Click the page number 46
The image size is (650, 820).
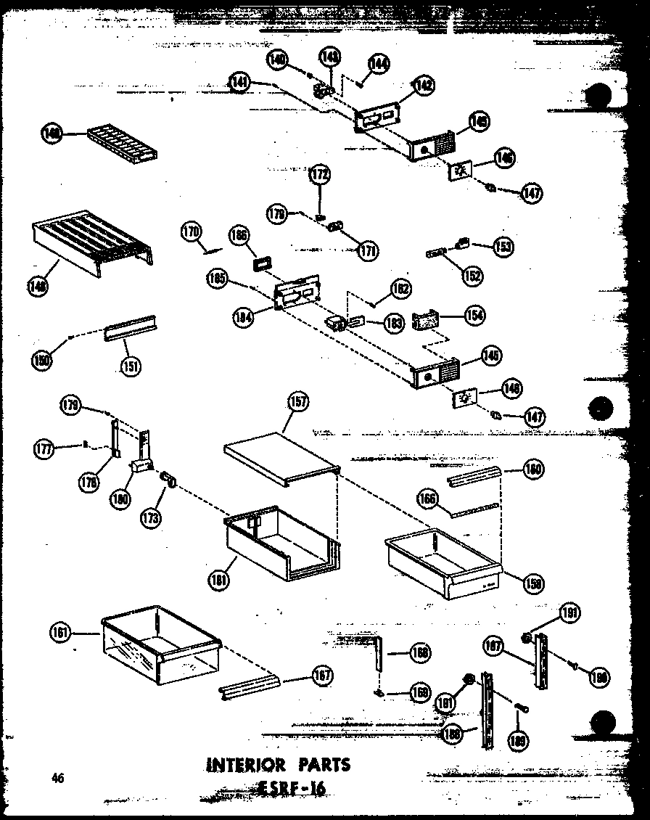58,779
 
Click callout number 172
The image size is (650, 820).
319,174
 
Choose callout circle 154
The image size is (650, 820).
475,315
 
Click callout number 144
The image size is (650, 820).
378,64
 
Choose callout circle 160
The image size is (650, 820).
535,470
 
